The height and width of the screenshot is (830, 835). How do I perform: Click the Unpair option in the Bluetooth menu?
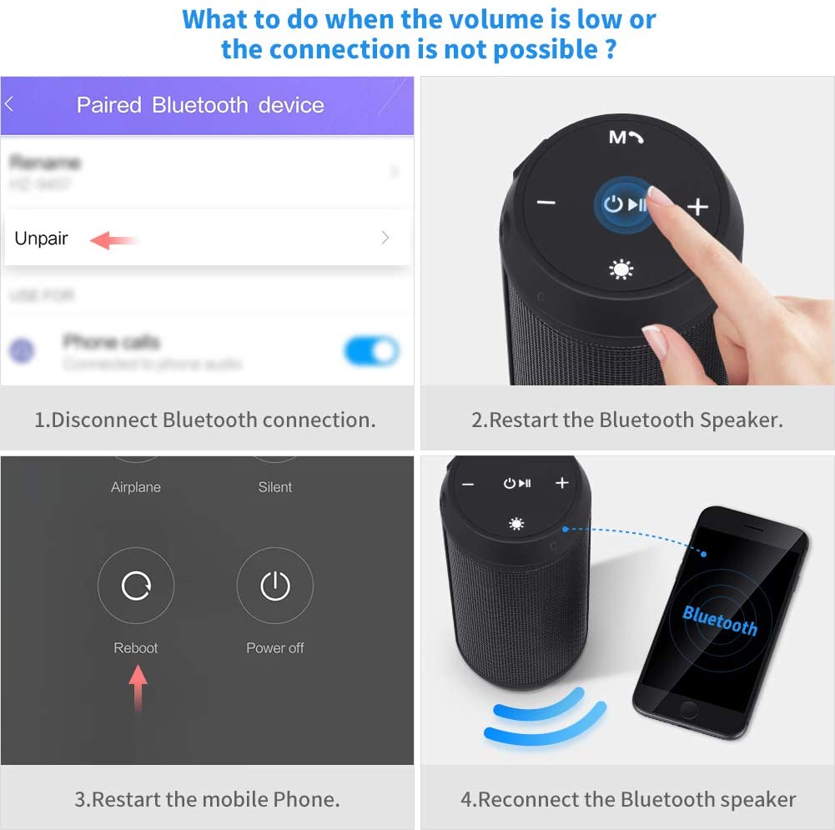[42, 239]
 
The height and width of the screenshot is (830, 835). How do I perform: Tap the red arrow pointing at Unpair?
[113, 240]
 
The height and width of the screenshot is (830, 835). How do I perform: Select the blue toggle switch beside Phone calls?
[371, 351]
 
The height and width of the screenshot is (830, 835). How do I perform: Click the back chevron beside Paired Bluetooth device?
[9, 105]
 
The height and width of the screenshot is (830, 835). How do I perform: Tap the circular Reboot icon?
[136, 586]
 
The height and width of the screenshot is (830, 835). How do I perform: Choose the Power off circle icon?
[275, 586]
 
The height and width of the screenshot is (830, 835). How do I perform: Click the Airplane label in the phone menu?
[136, 487]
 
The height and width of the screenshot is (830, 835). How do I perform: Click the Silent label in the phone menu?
[275, 487]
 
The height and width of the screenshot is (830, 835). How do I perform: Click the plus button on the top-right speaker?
[697, 206]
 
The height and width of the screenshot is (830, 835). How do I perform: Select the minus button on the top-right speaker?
[546, 203]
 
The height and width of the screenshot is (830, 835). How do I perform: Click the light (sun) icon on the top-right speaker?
[621, 269]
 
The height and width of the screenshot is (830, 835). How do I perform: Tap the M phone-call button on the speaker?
[626, 137]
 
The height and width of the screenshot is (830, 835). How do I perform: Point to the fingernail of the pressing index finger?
[660, 196]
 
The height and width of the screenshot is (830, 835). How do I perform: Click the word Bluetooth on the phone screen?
[719, 621]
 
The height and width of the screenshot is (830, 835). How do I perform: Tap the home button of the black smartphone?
[689, 708]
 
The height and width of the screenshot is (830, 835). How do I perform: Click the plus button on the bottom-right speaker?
[561, 483]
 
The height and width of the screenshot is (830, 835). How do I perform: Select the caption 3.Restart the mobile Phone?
[207, 799]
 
